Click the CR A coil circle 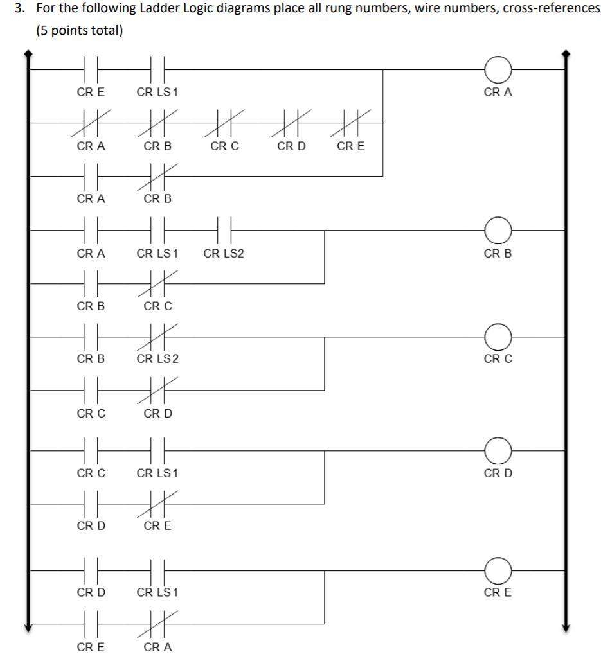(x=498, y=68)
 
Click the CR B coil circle (x=498, y=229)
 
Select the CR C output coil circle (x=498, y=336)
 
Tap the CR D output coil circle (x=498, y=450)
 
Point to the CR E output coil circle (x=498, y=569)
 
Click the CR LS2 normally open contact (x=224, y=229)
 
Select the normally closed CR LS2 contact (x=157, y=336)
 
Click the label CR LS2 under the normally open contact (x=224, y=254)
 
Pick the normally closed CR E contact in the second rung (x=350, y=121)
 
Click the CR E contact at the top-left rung (x=91, y=68)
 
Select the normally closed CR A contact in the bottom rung (x=157, y=622)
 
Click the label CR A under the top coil (x=498, y=93)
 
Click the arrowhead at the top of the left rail (x=27, y=55)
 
